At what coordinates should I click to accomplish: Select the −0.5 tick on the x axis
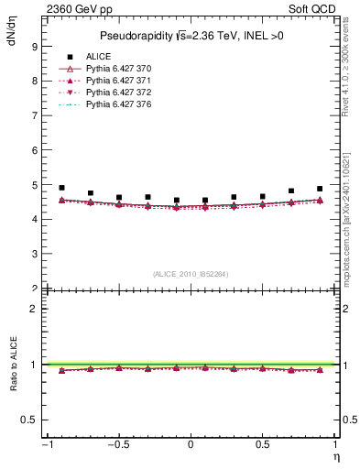point(118,445)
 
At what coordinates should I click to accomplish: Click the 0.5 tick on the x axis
point(262,445)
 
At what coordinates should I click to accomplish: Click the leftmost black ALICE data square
point(61,188)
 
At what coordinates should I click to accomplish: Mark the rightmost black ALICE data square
point(320,189)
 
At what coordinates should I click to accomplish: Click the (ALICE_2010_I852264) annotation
point(190,275)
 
